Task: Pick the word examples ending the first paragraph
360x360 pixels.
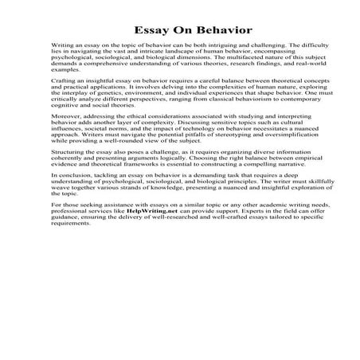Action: pos(65,80)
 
